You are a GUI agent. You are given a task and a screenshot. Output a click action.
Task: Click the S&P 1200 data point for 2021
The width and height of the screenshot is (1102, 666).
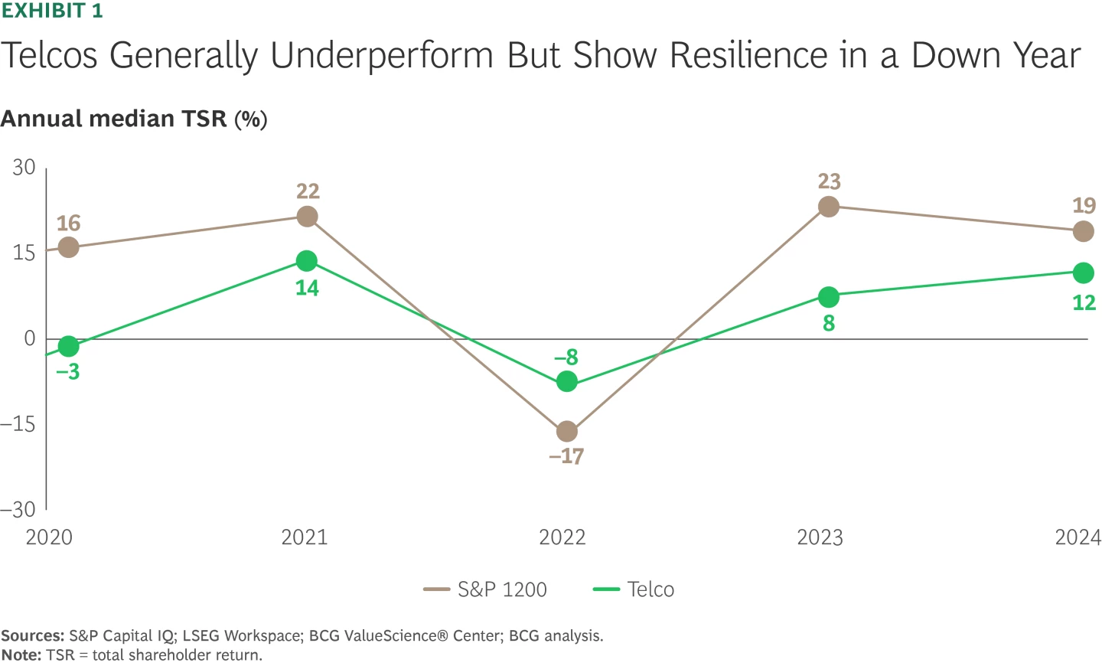pos(307,217)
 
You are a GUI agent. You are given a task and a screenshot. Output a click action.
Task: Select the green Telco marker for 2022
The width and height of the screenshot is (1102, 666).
pos(566,381)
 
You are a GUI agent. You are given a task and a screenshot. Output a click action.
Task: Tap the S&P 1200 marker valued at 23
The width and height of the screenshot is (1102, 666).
pos(829,207)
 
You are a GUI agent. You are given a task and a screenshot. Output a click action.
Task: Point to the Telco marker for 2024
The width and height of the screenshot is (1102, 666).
pos(1083,273)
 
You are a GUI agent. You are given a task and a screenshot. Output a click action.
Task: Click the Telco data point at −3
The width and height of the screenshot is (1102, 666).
pos(68,347)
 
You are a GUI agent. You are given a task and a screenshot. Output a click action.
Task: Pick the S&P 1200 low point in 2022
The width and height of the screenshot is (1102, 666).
pos(566,432)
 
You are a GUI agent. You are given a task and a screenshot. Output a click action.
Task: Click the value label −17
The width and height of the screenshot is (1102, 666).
pos(566,457)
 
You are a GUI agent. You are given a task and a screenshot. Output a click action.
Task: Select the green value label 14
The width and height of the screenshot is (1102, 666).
pos(307,289)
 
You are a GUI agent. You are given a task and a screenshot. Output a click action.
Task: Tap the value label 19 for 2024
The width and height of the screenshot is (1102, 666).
pos(1084,206)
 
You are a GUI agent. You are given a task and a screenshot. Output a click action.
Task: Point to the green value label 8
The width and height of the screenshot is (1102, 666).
pos(829,324)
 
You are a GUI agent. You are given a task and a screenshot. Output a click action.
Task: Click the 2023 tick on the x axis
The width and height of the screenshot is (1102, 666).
pos(820,537)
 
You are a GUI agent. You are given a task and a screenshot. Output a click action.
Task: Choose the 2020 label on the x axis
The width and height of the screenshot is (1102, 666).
pos(49,537)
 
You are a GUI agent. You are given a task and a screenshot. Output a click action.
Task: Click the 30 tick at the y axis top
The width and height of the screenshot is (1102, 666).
pos(24,168)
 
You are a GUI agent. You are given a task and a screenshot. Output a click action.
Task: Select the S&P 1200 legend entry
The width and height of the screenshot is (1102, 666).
pos(486,589)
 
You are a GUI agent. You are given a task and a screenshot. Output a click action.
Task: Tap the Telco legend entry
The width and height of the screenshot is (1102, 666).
pos(634,589)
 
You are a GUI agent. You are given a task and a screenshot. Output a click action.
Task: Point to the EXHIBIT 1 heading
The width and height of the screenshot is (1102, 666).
pos(51,11)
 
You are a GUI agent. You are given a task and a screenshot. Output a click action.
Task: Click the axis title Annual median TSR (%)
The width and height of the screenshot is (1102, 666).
pos(134,119)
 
